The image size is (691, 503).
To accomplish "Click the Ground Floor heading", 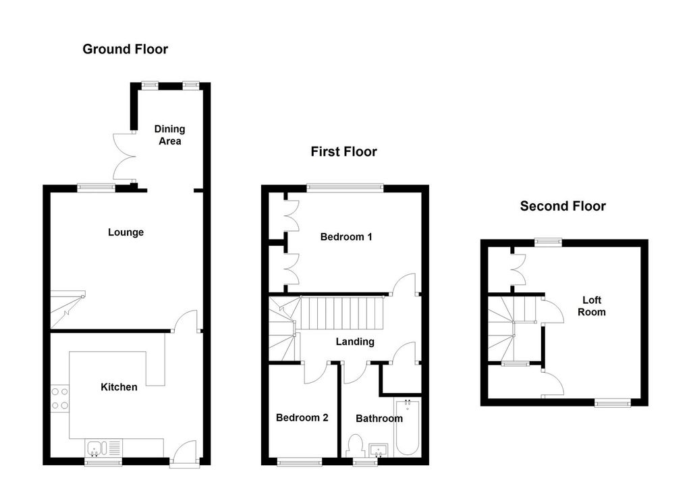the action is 125,49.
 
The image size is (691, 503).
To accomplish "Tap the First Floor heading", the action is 343,152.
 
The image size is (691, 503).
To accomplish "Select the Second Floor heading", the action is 563,206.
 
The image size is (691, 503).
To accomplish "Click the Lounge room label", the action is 126,232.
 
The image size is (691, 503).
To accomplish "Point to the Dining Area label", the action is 169,135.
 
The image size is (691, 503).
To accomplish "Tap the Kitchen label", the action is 119,387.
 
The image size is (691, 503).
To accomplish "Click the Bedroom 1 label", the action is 346,237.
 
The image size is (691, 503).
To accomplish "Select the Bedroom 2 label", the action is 302,417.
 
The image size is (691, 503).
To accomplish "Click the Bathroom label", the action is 379,419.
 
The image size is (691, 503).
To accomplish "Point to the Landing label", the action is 355,342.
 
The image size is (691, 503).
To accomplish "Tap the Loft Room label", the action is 591,306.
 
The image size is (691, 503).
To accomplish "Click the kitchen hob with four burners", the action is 59,398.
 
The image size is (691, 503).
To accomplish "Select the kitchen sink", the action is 103,448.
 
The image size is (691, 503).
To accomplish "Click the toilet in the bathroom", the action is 355,445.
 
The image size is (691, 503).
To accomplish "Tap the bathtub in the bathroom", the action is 407,427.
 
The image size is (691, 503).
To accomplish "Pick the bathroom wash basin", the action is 378,450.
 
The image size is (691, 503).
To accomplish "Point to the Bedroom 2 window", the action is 300,462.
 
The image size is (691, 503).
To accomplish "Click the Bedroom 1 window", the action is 345,188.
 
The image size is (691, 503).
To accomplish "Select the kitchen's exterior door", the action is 184,453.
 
